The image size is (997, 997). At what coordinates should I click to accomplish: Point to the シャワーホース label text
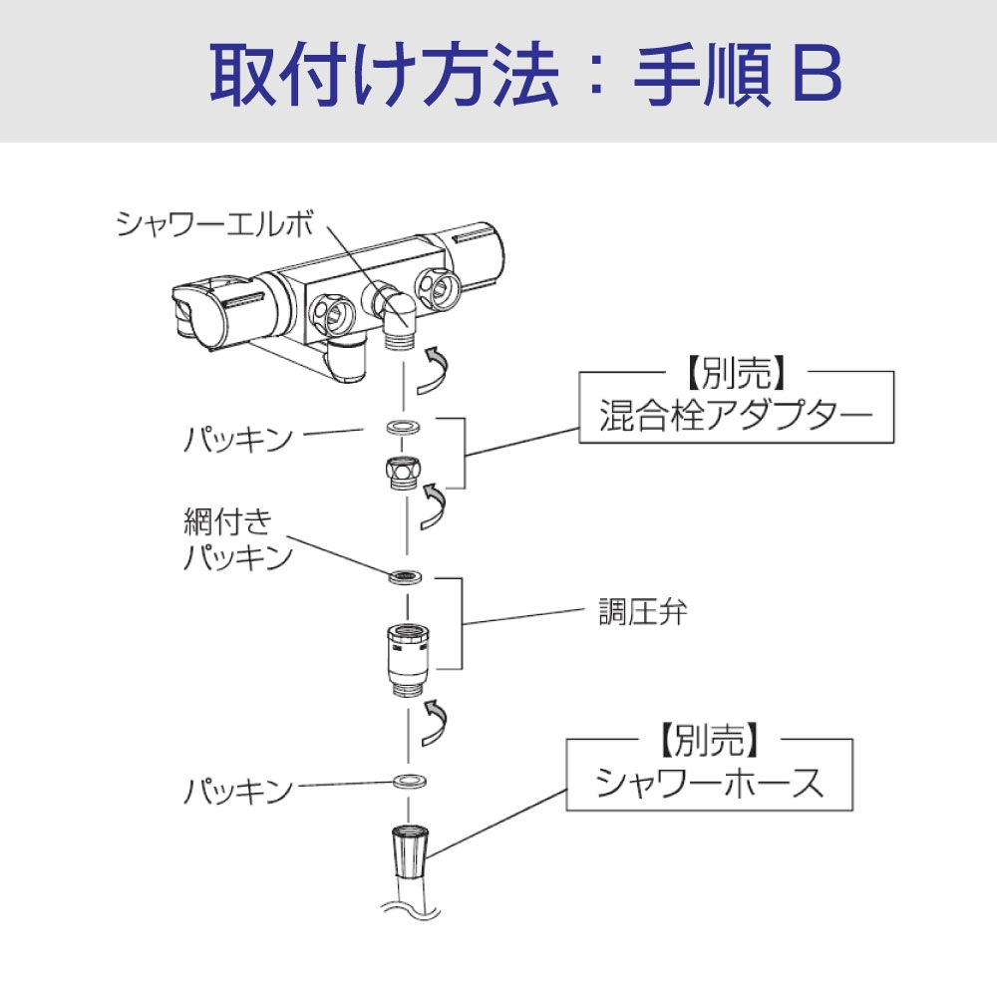tap(710, 784)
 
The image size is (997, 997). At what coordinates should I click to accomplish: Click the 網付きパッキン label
tap(237, 539)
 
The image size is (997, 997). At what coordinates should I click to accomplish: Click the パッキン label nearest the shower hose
tap(237, 792)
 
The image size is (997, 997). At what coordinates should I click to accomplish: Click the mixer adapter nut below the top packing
tap(404, 472)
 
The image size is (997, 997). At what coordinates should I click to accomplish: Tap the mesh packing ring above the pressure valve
tap(405, 576)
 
